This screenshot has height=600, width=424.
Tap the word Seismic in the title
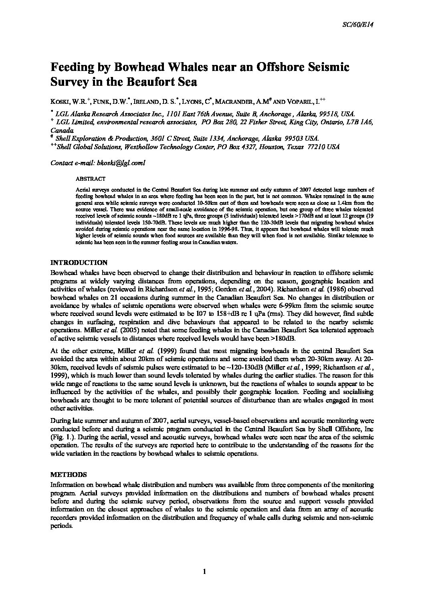328,67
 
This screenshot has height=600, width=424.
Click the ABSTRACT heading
90,179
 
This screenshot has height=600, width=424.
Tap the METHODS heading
68,475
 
